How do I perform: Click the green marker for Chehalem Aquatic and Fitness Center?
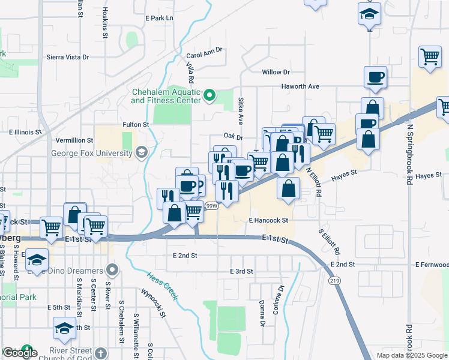tap(209, 95)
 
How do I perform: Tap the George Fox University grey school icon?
tap(142, 152)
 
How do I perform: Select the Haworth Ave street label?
tap(301, 86)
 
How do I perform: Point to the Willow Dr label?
tap(276, 72)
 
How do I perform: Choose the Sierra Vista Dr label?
tap(68, 58)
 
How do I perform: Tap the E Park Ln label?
tap(159, 18)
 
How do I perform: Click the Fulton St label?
tap(136, 124)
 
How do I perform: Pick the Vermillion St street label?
tap(75, 140)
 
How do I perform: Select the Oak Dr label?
tap(232, 137)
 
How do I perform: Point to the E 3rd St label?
tap(242, 271)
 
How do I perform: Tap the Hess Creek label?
tap(162, 285)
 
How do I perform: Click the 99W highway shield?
tap(211, 206)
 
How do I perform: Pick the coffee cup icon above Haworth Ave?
tap(375, 77)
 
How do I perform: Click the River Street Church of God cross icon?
tap(101, 353)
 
